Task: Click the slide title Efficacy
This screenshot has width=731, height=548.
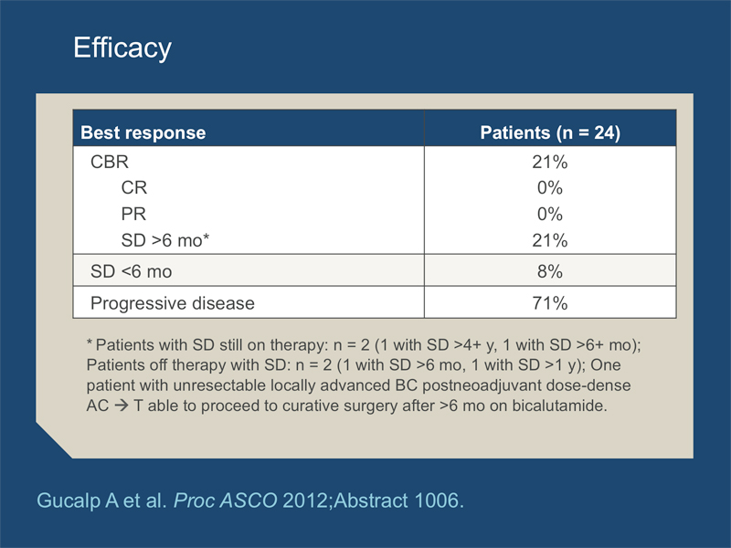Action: (122, 47)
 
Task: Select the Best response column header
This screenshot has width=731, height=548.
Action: (143, 132)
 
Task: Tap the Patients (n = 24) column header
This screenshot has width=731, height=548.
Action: (550, 132)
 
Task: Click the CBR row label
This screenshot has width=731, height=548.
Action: (109, 162)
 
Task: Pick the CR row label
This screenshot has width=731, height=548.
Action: (133, 188)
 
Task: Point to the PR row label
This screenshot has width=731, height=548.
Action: (133, 214)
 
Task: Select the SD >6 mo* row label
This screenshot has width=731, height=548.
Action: (165, 240)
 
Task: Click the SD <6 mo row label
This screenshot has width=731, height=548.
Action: (131, 271)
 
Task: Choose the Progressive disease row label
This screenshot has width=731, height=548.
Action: (173, 303)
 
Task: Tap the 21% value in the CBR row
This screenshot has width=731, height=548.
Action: (550, 163)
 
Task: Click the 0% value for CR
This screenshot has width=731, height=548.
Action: (550, 188)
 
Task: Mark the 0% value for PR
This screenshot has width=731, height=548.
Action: (550, 214)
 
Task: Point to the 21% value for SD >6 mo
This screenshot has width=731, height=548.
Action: (550, 240)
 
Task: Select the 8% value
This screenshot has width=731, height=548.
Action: (550, 271)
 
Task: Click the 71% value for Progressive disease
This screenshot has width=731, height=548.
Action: (550, 303)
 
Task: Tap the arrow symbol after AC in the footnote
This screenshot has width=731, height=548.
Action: (122, 406)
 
